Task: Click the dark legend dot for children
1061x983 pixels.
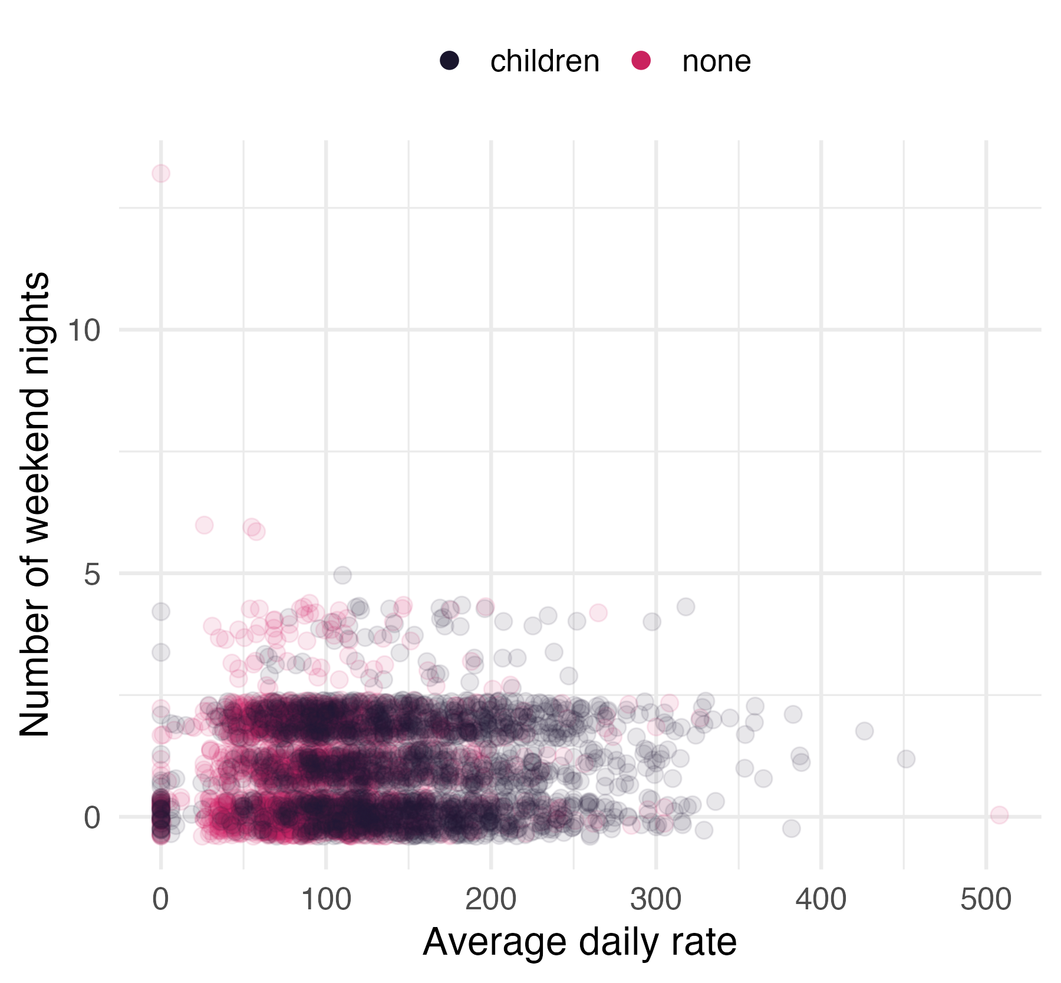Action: pos(450,61)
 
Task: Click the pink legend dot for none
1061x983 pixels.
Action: pos(641,61)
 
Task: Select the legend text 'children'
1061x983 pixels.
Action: pos(544,61)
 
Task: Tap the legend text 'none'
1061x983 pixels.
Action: pos(716,61)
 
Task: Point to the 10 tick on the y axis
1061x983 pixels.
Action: pos(84,329)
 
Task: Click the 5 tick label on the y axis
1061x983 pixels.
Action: pos(92,573)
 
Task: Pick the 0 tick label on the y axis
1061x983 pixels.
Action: pos(92,817)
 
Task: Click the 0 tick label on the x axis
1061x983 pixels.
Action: pos(160,900)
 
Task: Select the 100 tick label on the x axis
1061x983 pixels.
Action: pos(326,900)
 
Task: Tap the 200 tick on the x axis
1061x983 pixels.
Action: pos(491,900)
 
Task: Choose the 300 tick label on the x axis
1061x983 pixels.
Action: pos(656,900)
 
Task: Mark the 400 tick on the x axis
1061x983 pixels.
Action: pos(821,900)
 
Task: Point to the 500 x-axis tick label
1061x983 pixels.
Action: pos(986,900)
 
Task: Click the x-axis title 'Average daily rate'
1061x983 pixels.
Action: pos(579,942)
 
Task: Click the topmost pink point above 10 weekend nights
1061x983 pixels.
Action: pos(161,173)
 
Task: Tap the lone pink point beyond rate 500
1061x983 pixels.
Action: pos(999,815)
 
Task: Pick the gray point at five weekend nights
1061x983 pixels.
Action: pos(342,575)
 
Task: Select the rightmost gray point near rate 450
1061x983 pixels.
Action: pos(906,758)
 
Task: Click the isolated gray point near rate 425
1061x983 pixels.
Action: pos(865,731)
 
